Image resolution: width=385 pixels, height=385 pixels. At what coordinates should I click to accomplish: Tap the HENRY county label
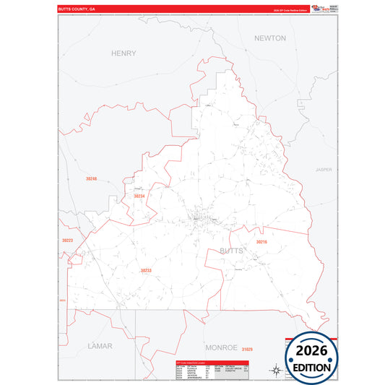(x=124, y=53)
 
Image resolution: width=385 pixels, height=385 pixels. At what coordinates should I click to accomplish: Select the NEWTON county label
(x=270, y=38)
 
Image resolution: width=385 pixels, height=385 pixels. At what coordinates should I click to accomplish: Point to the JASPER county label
(x=324, y=170)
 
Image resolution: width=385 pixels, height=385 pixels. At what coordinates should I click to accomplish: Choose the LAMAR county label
(x=100, y=346)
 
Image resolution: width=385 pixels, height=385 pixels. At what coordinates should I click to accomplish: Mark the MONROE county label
(x=220, y=347)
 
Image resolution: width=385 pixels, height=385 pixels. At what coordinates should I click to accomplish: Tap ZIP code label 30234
(x=139, y=196)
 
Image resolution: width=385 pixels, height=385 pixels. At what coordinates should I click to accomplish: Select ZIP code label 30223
(x=68, y=240)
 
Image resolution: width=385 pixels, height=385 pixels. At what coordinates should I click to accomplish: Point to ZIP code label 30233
(x=146, y=270)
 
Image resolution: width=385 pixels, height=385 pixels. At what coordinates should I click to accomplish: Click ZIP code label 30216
(x=261, y=242)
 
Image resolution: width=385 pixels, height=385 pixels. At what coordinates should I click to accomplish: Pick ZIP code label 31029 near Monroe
(x=247, y=350)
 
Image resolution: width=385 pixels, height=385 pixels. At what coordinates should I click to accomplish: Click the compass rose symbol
(x=274, y=371)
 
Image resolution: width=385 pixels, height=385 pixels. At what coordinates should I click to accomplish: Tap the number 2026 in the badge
(x=312, y=351)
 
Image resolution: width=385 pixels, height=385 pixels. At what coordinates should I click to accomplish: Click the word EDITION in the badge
(x=312, y=367)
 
